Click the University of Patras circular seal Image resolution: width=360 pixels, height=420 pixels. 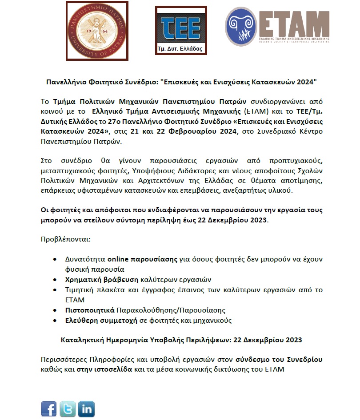pos(93,27)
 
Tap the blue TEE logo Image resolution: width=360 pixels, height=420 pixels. pos(181,27)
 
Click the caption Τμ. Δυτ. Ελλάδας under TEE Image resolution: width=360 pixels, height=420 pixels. pos(180,48)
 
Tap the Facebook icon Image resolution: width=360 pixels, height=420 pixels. pos(49,408)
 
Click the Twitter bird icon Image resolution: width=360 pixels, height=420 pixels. pos(68,408)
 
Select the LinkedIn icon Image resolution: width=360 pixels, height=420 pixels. pos(87,408)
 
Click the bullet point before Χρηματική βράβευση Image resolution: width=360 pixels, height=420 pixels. pos(55,280)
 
